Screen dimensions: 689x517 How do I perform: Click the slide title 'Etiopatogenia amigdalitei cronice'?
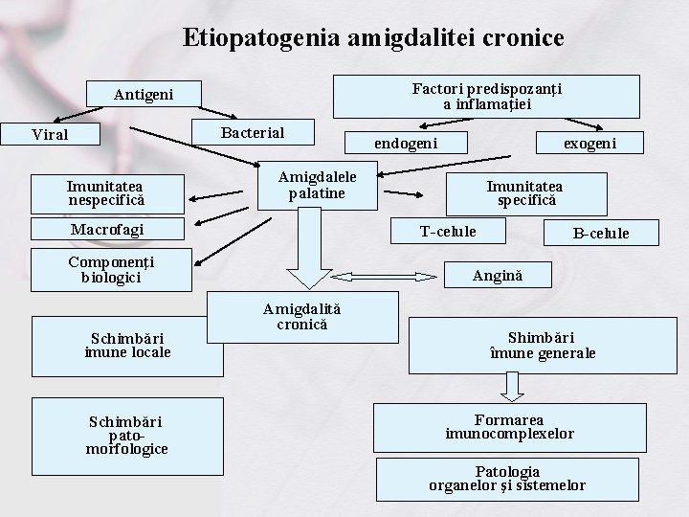click(373, 37)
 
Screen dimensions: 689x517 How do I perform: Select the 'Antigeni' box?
click(144, 94)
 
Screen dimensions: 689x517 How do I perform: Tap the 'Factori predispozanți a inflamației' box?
click(486, 96)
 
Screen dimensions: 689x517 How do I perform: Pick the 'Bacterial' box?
click(253, 131)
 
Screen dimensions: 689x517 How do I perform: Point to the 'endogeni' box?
click(406, 143)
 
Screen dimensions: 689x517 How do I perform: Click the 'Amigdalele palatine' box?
click(317, 186)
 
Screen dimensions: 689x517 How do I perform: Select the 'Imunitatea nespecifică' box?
click(106, 193)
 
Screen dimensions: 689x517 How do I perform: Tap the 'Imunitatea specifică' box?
click(525, 193)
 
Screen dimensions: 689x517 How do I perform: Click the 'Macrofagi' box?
click(107, 230)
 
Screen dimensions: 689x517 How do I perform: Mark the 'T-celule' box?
click(448, 231)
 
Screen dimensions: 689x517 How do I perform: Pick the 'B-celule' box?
click(600, 233)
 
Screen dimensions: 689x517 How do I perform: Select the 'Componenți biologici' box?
click(111, 270)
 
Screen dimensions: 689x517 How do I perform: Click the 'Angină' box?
click(498, 276)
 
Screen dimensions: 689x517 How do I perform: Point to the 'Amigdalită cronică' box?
click(302, 317)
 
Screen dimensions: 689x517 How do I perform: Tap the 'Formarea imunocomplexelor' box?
click(510, 427)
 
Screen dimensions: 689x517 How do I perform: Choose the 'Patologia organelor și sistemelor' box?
click(507, 479)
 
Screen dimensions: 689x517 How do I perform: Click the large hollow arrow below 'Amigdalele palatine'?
click(308, 251)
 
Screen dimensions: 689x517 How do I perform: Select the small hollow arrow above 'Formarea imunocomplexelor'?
click(514, 385)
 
